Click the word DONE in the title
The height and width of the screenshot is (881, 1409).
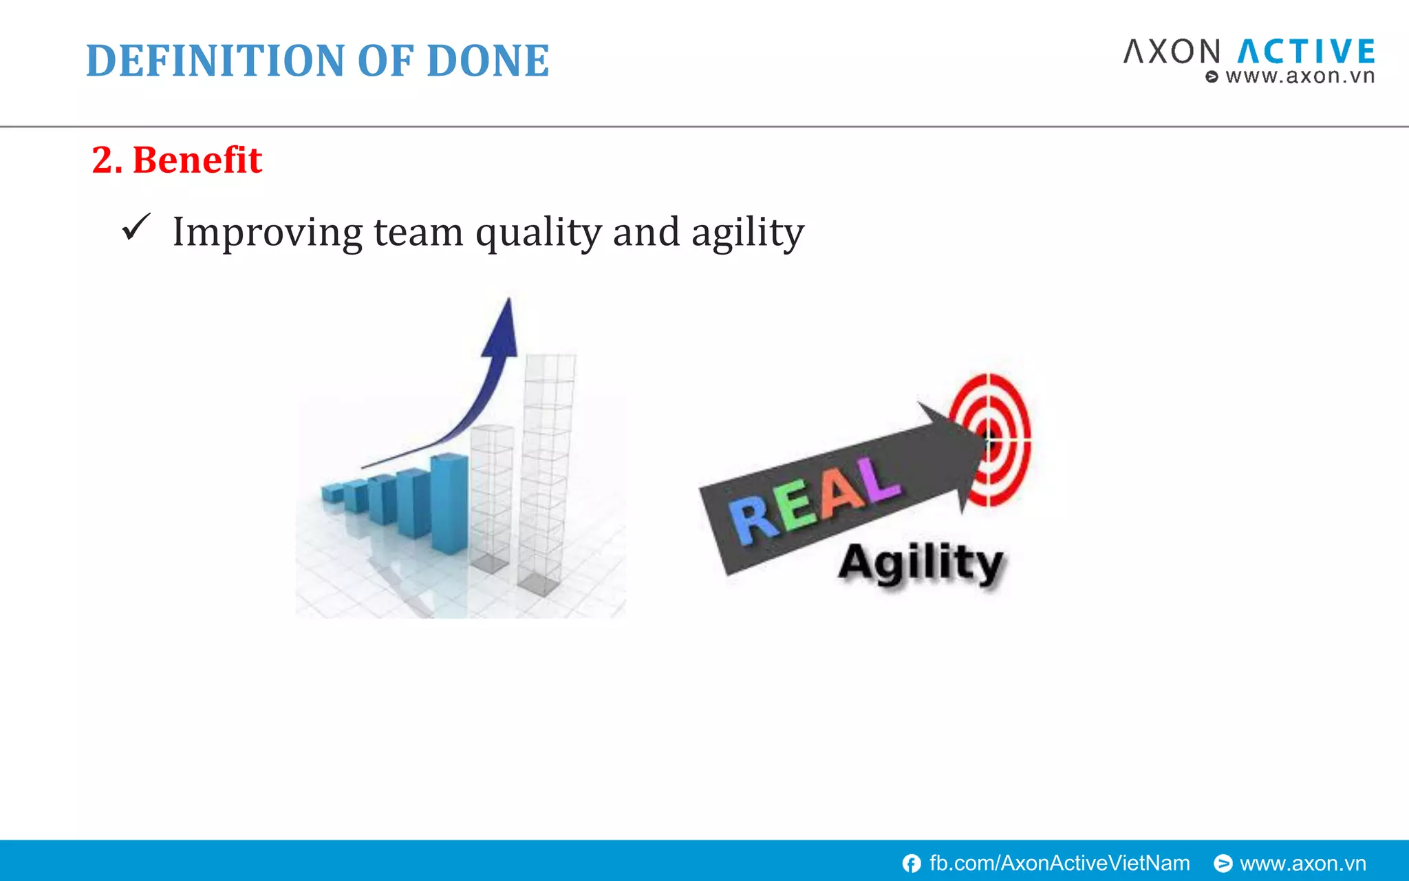[x=488, y=61]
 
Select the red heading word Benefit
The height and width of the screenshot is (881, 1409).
[x=197, y=160]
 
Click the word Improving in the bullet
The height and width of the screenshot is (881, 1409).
[x=267, y=233]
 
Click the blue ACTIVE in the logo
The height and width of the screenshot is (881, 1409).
[x=1306, y=52]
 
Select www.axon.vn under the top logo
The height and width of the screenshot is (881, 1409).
[x=1299, y=76]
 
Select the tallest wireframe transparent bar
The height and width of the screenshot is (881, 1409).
[x=547, y=475]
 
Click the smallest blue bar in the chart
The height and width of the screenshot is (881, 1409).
[x=332, y=493]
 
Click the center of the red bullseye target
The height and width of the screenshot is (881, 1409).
[x=989, y=438]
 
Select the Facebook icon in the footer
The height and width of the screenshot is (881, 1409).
[x=912, y=863]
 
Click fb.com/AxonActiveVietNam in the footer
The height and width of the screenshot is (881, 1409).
[x=1059, y=863]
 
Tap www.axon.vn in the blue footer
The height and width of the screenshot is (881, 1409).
[x=1302, y=863]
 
